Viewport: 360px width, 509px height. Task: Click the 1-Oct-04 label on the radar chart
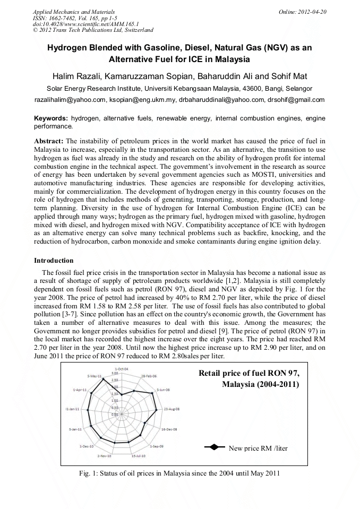click(x=122, y=368)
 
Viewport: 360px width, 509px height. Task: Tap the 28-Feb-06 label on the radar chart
click(x=149, y=375)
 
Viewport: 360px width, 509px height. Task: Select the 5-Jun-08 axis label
click(x=163, y=390)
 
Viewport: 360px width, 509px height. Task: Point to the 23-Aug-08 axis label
click(x=172, y=409)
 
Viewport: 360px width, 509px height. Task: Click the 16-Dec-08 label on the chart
click(x=169, y=429)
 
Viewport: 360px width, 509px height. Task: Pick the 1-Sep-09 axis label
click(x=157, y=447)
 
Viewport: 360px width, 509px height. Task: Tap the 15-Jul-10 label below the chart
click(x=139, y=456)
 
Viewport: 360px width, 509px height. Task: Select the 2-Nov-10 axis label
click(x=104, y=456)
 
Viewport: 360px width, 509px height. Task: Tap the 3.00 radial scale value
click(x=115, y=374)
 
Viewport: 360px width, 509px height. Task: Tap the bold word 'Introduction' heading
click(x=54, y=261)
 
